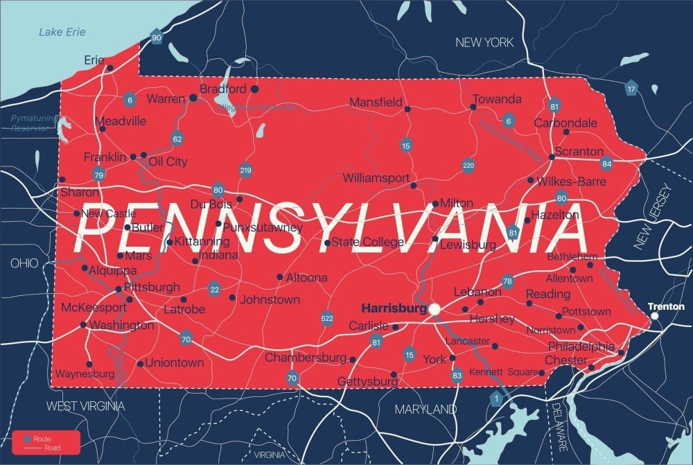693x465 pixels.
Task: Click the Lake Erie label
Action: point(61,32)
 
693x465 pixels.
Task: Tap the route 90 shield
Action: point(157,38)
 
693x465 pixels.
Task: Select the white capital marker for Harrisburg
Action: point(435,308)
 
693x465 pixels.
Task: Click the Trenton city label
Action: point(666,306)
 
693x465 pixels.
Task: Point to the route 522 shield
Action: point(328,318)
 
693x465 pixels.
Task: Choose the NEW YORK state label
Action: point(484,43)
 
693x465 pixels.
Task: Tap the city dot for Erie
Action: point(109,68)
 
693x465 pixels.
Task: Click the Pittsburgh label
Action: point(152,286)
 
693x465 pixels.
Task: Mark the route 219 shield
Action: point(245,170)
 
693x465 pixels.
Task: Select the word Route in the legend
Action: point(42,439)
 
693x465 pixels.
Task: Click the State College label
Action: point(367,242)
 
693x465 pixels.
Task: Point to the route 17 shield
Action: point(631,89)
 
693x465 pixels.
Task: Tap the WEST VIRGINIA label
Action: point(85,406)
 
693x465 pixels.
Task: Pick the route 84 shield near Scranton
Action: point(606,164)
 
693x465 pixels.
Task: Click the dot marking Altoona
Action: point(280,277)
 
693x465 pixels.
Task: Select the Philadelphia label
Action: point(581,346)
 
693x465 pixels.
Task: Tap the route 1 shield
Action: point(495,398)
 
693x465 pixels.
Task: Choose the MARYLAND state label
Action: point(426,410)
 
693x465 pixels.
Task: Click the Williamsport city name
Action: point(376,178)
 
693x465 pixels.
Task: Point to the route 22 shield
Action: point(215,289)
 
